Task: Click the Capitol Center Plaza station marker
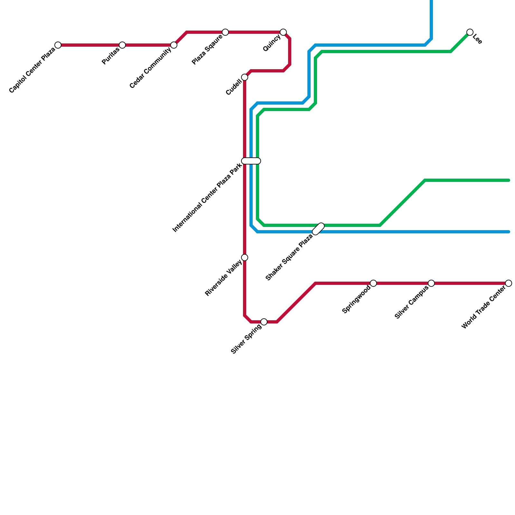pyautogui.click(x=58, y=45)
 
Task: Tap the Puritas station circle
pyautogui.click(x=122, y=45)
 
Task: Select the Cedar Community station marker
pyautogui.click(x=174, y=45)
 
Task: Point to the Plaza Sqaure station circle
pyautogui.click(x=225, y=32)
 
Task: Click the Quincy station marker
pyautogui.click(x=283, y=32)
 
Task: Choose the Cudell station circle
pyautogui.click(x=245, y=77)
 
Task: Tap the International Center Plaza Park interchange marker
pyautogui.click(x=251, y=161)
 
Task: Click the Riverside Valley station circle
pyautogui.click(x=245, y=257)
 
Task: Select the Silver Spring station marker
pyautogui.click(x=264, y=322)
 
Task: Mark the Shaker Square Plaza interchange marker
pyautogui.click(x=318, y=229)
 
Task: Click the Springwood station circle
pyautogui.click(x=373, y=283)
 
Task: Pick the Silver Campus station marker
pyautogui.click(x=431, y=283)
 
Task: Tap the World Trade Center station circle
pyautogui.click(x=509, y=283)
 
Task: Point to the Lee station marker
pyautogui.click(x=470, y=32)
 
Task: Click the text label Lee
pyautogui.click(x=478, y=40)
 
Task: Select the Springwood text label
pyautogui.click(x=356, y=300)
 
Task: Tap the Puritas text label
pyautogui.click(x=110, y=56)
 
